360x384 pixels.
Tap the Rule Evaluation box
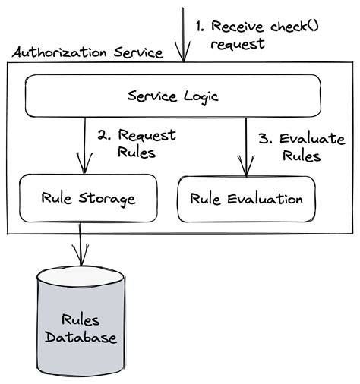pyautogui.click(x=246, y=199)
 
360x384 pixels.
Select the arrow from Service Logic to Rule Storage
pyautogui.click(x=81, y=144)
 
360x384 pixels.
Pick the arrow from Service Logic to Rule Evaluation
pyautogui.click(x=245, y=144)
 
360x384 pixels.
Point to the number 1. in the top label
pyautogui.click(x=201, y=27)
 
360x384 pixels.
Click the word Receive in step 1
pyautogui.click(x=235, y=27)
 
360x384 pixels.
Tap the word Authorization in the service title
pyautogui.click(x=58, y=53)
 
